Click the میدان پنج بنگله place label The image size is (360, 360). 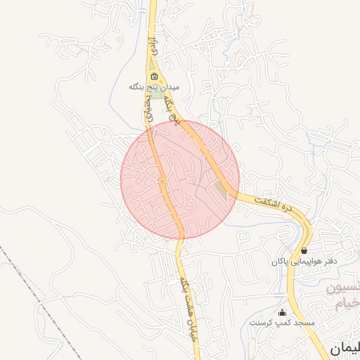[154, 88]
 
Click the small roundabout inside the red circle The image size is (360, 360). [162, 182]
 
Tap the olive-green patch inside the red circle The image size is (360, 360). [221, 190]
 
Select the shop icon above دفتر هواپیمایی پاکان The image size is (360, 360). [304, 250]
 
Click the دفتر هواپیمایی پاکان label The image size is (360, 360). [297, 262]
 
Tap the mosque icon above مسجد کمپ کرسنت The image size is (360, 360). [283, 312]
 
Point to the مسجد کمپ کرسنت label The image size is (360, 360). [282, 323]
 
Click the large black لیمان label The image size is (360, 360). [345, 347]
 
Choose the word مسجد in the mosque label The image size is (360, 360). [304, 323]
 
